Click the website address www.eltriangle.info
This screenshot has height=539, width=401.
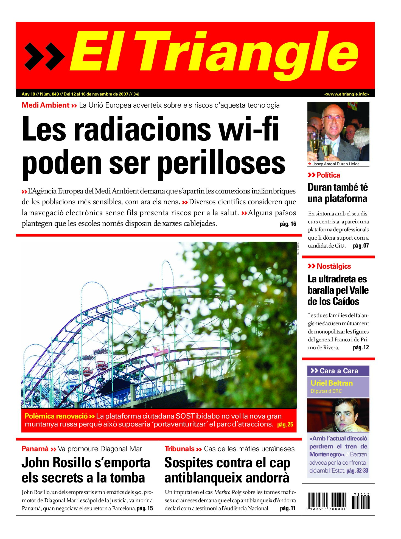pos(346,94)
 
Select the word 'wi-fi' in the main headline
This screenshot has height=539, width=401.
pos(249,129)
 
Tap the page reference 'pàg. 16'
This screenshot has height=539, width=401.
pos(288,224)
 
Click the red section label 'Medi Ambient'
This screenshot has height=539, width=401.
pos(46,105)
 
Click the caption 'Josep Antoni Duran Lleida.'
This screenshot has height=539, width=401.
pos(336,164)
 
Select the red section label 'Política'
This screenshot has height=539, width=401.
pos(328,175)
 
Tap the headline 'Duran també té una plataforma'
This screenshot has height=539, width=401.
pos(337,193)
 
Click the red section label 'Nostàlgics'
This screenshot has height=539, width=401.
pos(333,266)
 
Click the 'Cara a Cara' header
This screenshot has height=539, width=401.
pos(338,371)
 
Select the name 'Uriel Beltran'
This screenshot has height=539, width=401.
pos(332,383)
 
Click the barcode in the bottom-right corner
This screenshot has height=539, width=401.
pos(338,501)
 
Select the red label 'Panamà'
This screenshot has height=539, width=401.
pos(35,449)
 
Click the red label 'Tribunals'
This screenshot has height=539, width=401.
pos(180,449)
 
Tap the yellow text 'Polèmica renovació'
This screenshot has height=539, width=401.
pos(56,416)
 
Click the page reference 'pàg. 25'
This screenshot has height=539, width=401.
pos(285,425)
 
